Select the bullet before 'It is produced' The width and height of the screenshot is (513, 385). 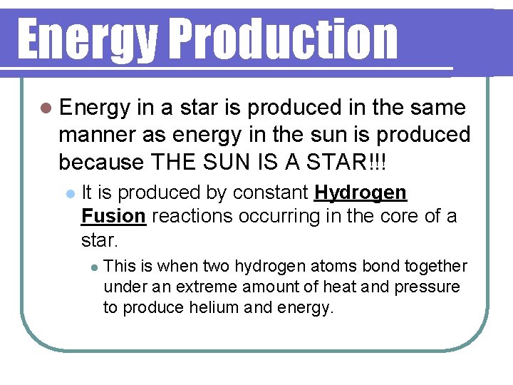(x=69, y=193)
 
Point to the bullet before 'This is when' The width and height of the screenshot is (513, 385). (x=93, y=267)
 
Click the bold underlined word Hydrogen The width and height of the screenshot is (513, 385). (x=361, y=192)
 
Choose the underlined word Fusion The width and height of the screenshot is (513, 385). (x=114, y=216)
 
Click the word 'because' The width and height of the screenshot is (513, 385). (x=101, y=162)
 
